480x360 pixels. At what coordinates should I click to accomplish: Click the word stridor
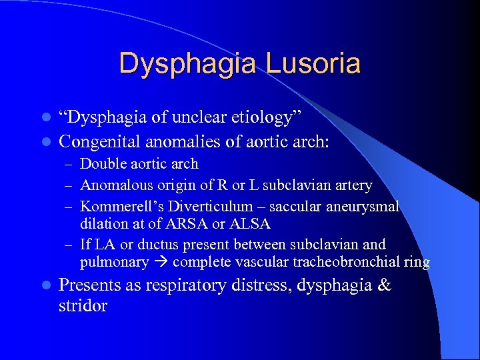[x=83, y=307]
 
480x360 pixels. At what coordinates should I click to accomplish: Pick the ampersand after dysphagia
[x=383, y=285]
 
